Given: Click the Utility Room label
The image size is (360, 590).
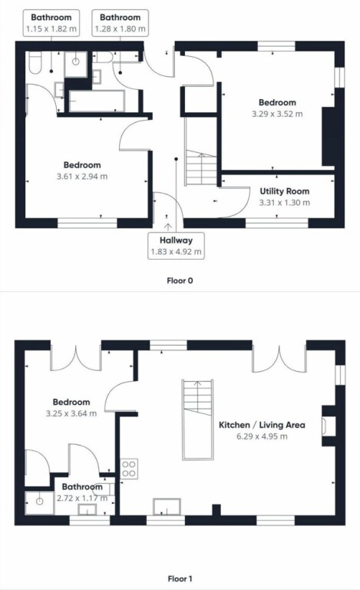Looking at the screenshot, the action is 285,191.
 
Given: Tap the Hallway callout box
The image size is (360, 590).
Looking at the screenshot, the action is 176,246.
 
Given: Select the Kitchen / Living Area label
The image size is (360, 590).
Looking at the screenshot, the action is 262,425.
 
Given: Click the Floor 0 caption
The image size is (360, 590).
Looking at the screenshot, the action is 180,280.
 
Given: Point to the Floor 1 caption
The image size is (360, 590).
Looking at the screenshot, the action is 180,578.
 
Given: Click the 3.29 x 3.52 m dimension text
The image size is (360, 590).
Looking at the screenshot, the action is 277,114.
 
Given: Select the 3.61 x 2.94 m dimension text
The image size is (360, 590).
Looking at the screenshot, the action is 82,176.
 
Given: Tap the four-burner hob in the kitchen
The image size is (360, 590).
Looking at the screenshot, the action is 129,469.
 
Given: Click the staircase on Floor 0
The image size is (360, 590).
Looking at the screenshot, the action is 200,151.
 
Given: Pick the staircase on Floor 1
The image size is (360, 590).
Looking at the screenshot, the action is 198,419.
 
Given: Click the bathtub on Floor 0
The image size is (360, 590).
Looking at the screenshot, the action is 97,101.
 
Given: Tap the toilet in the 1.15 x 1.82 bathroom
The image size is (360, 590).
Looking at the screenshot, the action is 35,63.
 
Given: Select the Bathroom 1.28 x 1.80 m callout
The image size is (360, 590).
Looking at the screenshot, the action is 121,23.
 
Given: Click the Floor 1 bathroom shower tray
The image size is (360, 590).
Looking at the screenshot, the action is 39,502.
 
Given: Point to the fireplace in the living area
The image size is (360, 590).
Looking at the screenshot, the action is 329,426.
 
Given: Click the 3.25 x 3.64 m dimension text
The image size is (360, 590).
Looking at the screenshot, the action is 71,413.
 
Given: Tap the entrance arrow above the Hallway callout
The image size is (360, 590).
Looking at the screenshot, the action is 167,227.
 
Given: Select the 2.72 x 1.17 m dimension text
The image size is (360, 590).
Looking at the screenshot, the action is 82,498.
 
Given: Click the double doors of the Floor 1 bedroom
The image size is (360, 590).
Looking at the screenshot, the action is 76,360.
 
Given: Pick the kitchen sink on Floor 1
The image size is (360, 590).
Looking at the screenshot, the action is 167,506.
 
